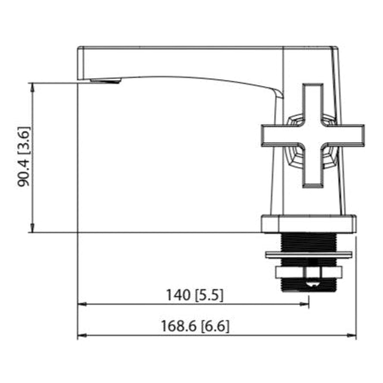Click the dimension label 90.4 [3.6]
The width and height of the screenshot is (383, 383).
point(24,157)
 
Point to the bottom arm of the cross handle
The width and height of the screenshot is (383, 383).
point(313,170)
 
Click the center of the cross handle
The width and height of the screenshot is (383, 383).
point(313,135)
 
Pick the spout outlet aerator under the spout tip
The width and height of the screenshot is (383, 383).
point(105,81)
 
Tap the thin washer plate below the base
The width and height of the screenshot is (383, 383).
point(309,254)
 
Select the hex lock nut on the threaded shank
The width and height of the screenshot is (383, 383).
point(309,272)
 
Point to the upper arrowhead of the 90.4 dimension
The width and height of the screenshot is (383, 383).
point(32,86)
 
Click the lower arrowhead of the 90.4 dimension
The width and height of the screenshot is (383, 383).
point(32,229)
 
